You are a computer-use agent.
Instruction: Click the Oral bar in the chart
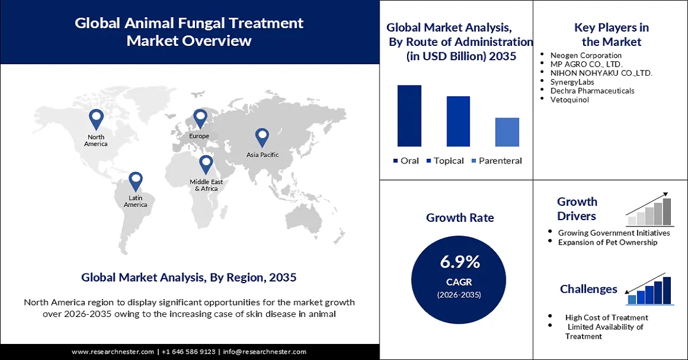click(409, 116)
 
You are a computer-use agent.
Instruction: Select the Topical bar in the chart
click(458, 121)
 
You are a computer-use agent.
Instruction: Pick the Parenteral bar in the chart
click(507, 132)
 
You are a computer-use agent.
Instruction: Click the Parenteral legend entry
click(497, 161)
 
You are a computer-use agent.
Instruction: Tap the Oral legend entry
click(406, 161)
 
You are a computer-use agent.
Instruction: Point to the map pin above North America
click(96, 119)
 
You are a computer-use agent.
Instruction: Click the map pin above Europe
click(200, 119)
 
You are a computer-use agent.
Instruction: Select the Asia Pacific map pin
click(262, 137)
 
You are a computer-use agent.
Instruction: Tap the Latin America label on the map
click(135, 201)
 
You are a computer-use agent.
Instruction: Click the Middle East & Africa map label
click(206, 185)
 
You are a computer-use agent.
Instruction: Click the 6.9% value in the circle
click(460, 262)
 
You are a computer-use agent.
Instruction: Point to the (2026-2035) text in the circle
click(460, 295)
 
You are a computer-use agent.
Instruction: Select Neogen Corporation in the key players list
click(585, 56)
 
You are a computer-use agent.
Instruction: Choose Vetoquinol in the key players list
click(569, 100)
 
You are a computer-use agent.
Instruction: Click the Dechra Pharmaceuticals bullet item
click(592, 91)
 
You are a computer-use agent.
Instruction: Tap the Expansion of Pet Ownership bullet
click(608, 242)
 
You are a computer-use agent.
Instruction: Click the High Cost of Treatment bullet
click(607, 318)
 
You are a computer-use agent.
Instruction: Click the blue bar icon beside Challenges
click(649, 291)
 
